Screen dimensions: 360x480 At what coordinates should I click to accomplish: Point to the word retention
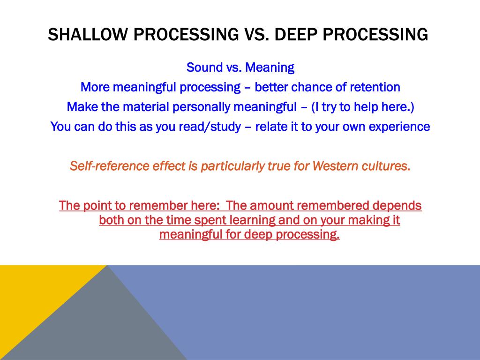click(x=375, y=87)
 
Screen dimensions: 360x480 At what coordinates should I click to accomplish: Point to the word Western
click(x=336, y=166)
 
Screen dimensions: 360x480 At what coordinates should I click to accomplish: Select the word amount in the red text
click(x=270, y=206)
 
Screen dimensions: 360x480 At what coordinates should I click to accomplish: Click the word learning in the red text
click(x=252, y=220)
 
